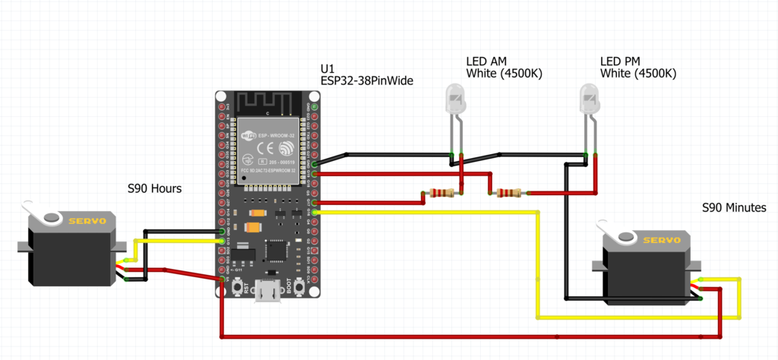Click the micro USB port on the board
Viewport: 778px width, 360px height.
tap(268, 290)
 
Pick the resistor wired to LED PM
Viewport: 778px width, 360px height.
tap(508, 193)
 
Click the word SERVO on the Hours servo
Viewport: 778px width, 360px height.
tap(88, 221)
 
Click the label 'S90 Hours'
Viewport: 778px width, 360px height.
tap(154, 188)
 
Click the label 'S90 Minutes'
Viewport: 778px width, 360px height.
tap(733, 207)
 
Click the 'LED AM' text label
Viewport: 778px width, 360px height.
tap(486, 61)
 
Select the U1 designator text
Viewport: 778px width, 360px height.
tap(327, 67)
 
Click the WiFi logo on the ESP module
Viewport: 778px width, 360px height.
tap(248, 137)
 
